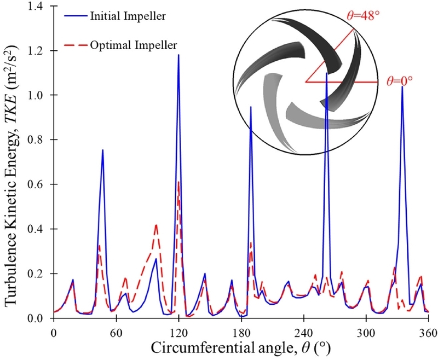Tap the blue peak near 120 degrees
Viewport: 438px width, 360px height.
(178, 55)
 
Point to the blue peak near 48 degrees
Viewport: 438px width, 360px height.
(102, 150)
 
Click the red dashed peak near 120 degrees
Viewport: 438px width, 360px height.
(178, 182)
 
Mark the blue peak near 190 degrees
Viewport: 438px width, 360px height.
(251, 107)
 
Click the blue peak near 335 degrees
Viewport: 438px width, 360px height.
(402, 87)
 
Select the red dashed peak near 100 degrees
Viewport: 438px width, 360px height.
(157, 225)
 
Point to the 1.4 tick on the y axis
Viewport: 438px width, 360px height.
(39, 7)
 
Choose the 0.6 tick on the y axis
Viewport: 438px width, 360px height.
(39, 184)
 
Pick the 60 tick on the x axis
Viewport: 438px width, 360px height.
(116, 332)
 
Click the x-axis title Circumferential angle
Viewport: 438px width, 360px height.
(241, 348)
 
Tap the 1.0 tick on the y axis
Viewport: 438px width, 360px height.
(39, 95)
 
